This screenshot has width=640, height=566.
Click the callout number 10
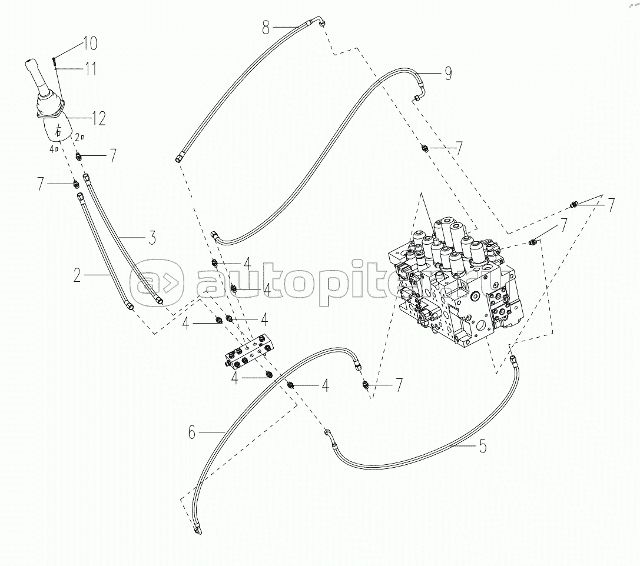[90, 43]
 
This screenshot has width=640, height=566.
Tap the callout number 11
[90, 69]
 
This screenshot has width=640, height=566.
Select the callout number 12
[98, 118]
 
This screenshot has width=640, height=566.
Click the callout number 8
[267, 26]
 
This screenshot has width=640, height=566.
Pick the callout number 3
[151, 238]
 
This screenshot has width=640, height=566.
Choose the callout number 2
[77, 275]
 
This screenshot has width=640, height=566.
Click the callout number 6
[191, 433]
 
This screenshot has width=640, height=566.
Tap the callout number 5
[482, 446]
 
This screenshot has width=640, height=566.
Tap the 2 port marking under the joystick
[79, 137]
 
